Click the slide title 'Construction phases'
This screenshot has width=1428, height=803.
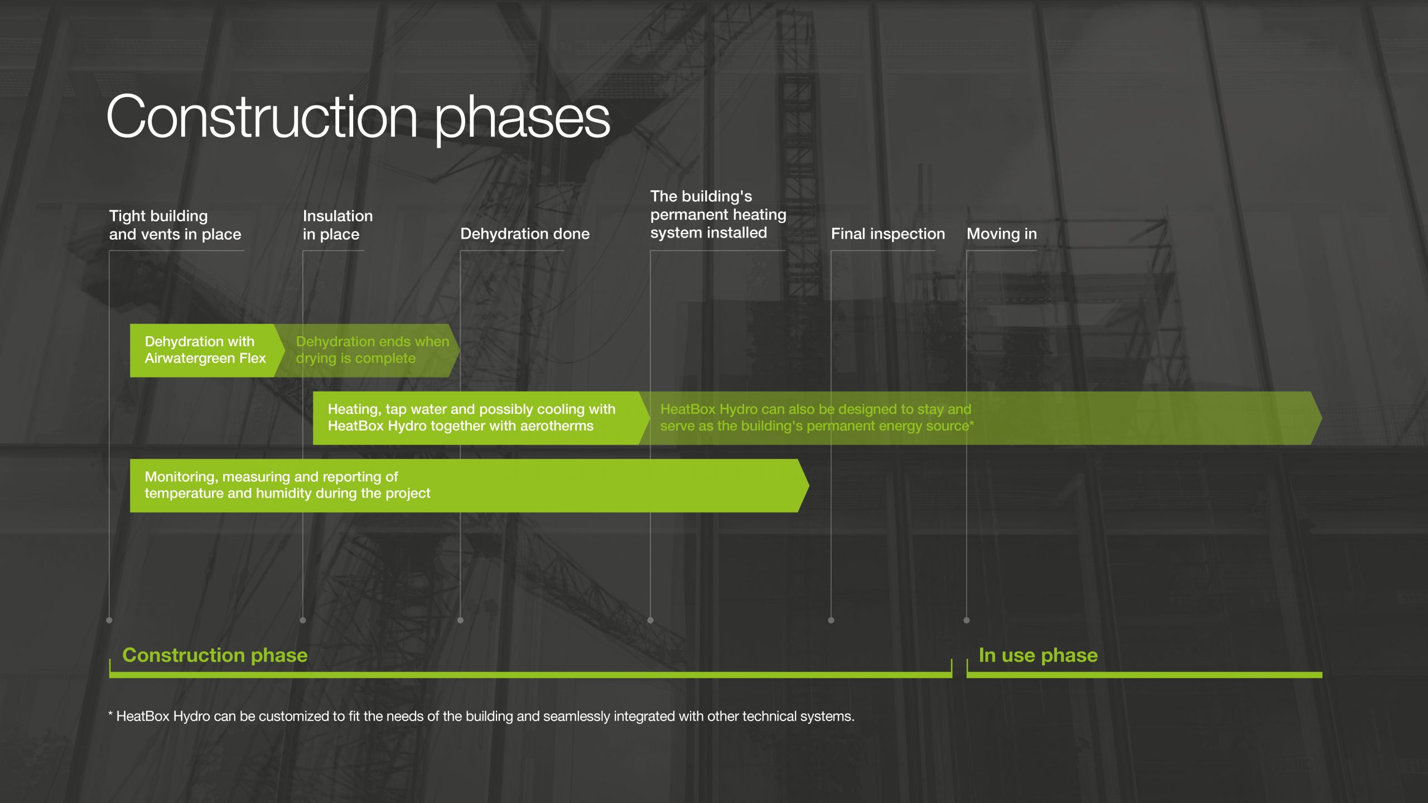(x=358, y=118)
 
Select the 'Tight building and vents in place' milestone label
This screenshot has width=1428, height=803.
(x=175, y=225)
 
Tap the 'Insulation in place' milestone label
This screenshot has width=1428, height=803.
(x=337, y=225)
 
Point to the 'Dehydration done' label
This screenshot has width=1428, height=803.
(x=525, y=234)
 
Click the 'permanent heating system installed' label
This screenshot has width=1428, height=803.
(x=718, y=215)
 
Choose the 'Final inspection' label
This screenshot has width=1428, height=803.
(x=888, y=234)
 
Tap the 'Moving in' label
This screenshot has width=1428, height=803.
(x=1002, y=234)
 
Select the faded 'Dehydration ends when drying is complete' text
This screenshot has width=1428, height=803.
(x=372, y=350)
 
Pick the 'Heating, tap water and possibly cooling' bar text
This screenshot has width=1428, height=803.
(x=471, y=418)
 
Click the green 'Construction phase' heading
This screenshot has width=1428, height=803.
(x=215, y=655)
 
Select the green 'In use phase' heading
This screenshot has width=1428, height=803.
(x=1038, y=655)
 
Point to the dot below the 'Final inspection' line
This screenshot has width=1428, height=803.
(x=831, y=620)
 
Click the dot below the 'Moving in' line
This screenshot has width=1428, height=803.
(x=967, y=620)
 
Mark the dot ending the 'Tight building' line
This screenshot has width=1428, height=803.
(x=109, y=620)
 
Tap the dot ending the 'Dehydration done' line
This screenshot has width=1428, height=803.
(x=460, y=620)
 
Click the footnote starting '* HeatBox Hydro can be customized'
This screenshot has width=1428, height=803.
(x=481, y=716)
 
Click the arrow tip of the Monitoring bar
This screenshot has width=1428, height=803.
(x=808, y=486)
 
